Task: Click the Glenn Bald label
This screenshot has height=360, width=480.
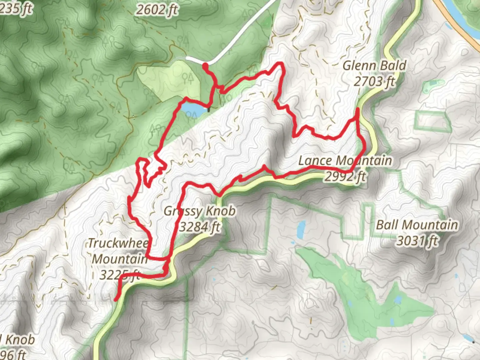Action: coord(374,66)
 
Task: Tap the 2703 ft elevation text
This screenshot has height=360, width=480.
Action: coord(374,81)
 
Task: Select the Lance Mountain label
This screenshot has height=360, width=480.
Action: coord(345,161)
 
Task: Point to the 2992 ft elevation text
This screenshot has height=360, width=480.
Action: coord(345,176)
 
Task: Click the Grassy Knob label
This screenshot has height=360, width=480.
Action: coord(200,211)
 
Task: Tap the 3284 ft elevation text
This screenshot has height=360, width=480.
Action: coord(200,227)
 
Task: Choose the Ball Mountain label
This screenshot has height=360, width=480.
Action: coord(417,225)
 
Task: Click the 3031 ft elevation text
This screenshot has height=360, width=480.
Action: coord(417,240)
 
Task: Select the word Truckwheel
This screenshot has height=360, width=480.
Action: coord(118,243)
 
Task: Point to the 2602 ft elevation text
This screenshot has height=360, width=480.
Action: coord(157,10)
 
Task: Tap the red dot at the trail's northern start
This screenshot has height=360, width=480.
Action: coord(205,66)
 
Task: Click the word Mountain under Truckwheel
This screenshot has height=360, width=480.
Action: coord(120,259)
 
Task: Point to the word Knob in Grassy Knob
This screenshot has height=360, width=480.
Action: coord(221,211)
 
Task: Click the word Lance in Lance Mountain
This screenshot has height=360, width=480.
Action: coord(314,161)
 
